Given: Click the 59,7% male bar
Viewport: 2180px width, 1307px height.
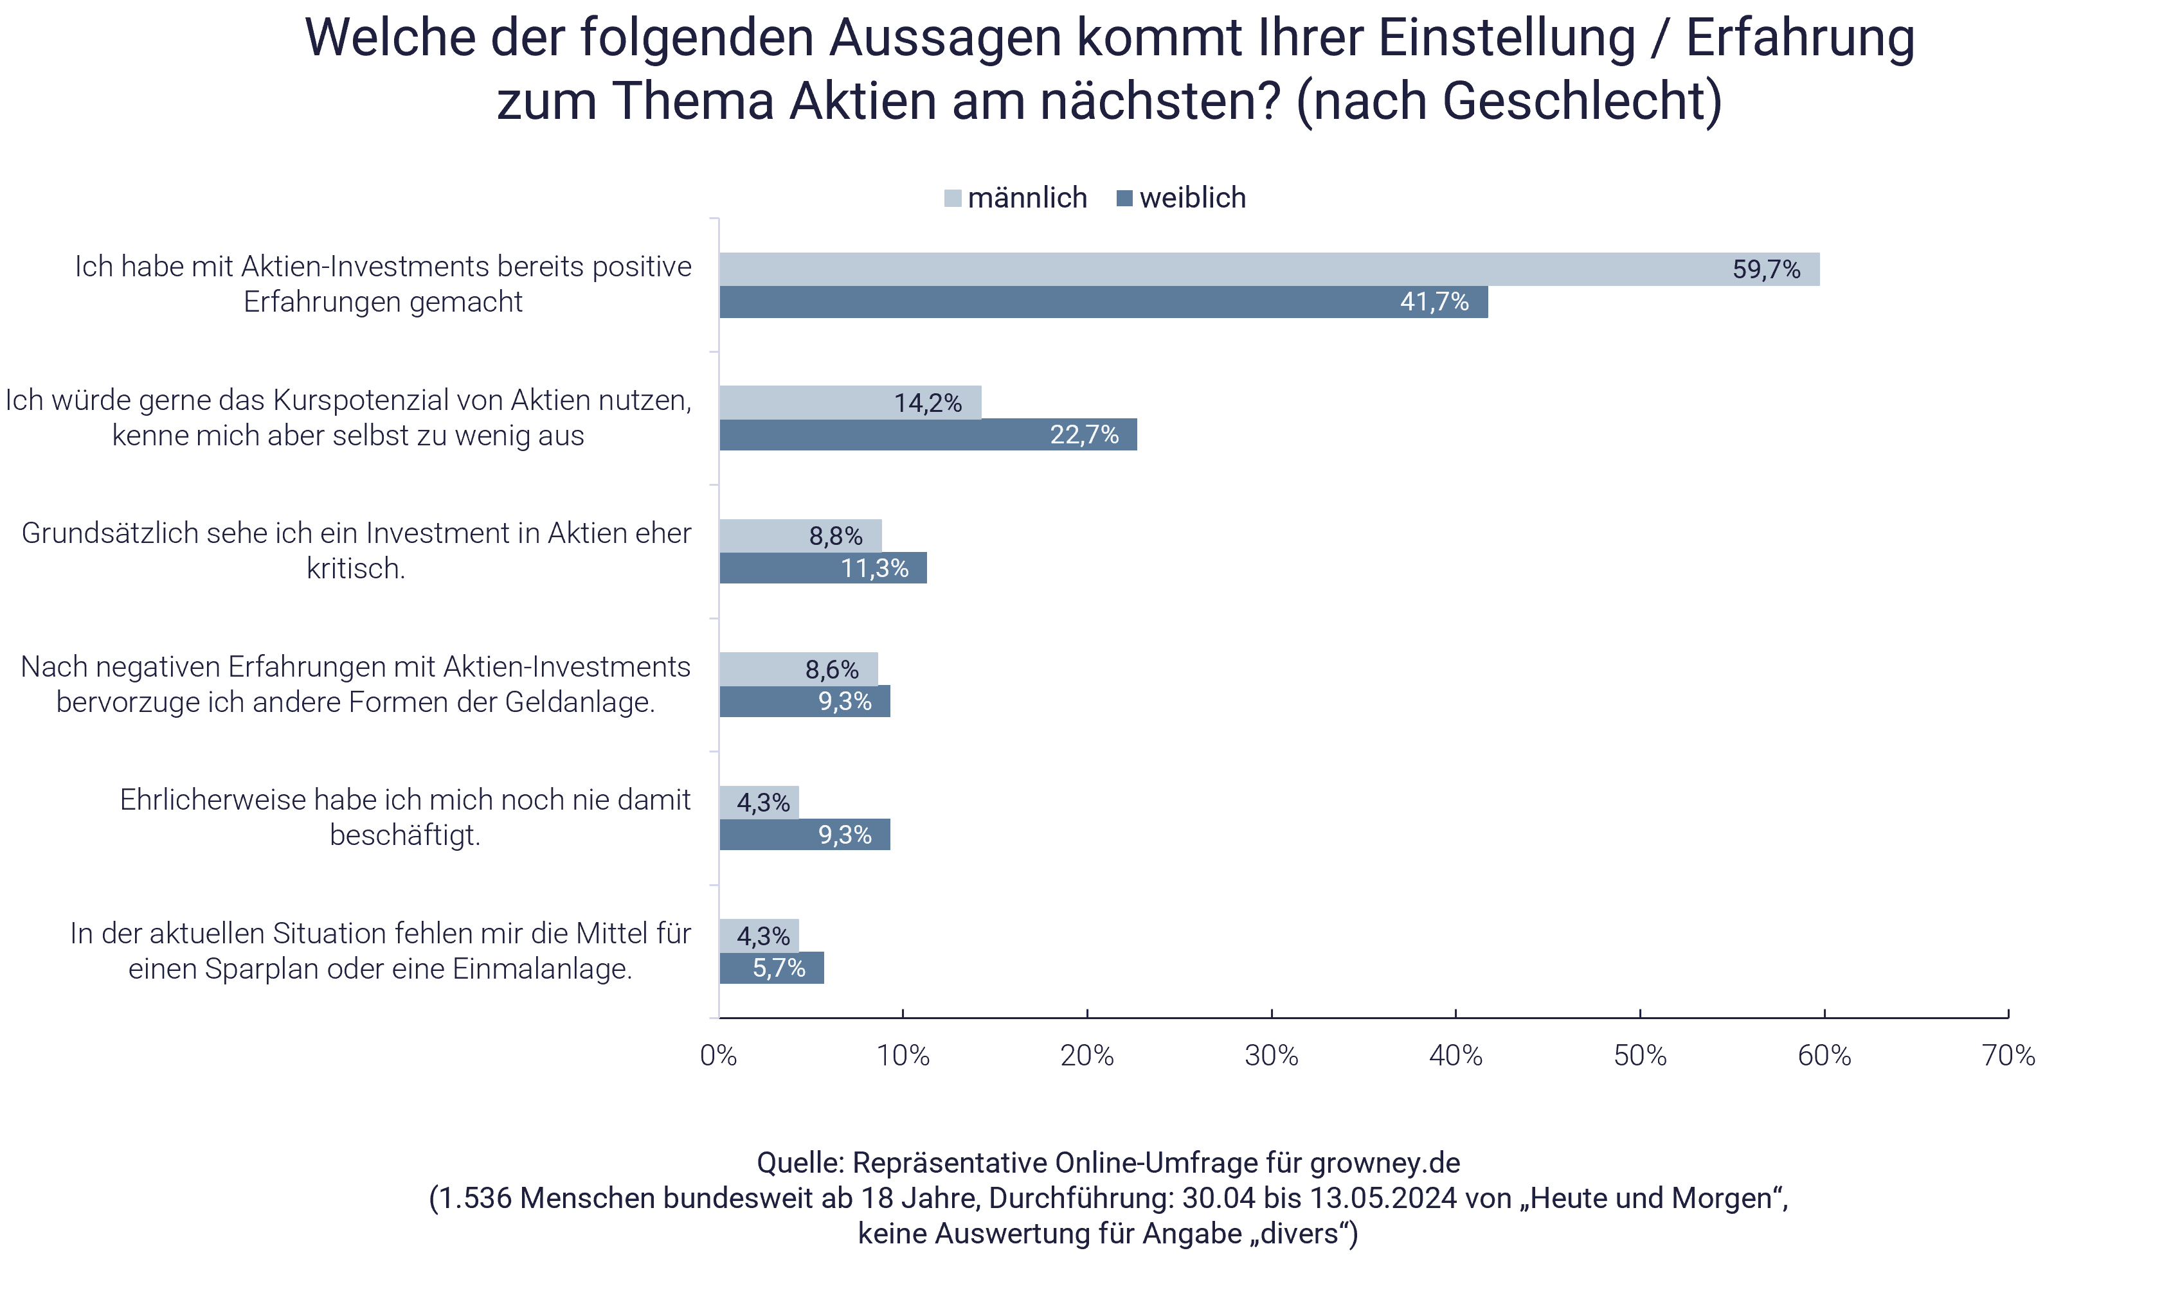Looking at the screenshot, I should point(1269,269).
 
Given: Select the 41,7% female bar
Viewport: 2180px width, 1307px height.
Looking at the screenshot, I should point(1101,302).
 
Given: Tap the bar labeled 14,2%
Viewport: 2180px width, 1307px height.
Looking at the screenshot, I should point(851,402).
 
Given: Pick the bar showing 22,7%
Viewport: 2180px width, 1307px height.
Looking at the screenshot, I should point(928,435).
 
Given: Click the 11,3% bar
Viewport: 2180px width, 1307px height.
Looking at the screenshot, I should point(822,568).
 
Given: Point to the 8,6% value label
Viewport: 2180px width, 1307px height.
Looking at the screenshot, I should point(832,670).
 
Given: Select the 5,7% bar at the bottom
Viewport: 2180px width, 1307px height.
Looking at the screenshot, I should point(771,968).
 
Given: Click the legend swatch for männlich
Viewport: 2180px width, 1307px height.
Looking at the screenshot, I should point(953,198).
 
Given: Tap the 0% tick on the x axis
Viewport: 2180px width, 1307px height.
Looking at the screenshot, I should point(718,1055).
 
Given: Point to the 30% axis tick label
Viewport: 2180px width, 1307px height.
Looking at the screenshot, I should point(1272,1055).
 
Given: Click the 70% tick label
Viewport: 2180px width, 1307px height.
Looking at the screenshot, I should point(2008,1055).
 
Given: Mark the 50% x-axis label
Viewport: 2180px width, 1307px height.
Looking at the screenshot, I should point(1640,1055).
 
